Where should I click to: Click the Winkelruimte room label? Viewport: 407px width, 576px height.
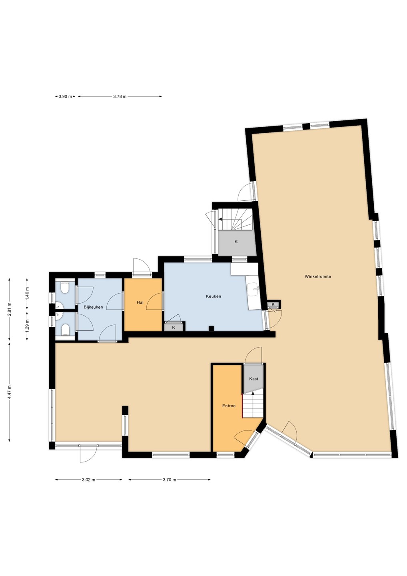[317, 277]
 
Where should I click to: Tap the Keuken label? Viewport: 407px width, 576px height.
[213, 296]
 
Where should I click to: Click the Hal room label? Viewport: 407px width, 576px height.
[140, 302]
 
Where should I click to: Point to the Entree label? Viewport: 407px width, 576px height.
[229, 406]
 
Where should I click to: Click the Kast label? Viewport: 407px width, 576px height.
[253, 379]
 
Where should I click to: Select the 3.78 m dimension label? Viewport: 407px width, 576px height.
[120, 96]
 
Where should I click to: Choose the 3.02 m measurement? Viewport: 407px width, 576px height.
[89, 480]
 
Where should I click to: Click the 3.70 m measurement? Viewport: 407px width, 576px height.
[170, 480]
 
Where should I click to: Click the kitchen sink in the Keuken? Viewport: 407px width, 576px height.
[254, 289]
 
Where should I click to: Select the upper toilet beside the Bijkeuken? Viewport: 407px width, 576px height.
[64, 288]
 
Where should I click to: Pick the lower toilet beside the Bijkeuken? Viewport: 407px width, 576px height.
[64, 329]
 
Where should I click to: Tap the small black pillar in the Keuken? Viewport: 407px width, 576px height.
[211, 328]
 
